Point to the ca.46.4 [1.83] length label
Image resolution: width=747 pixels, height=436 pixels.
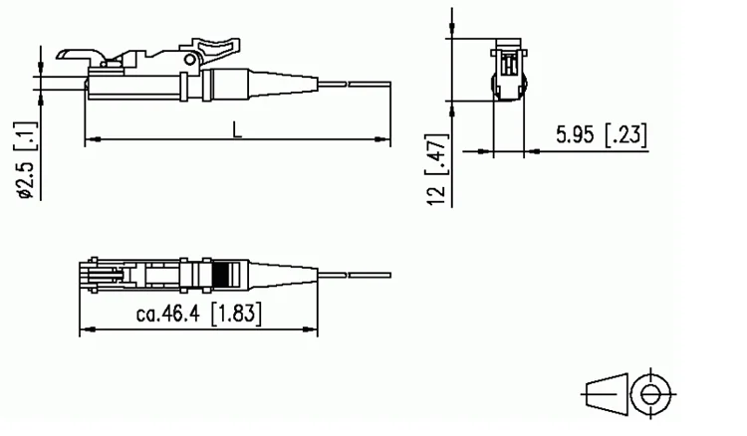[x=198, y=316]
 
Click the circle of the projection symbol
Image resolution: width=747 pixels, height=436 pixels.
[x=653, y=394]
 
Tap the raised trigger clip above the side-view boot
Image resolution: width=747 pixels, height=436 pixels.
[x=212, y=45]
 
